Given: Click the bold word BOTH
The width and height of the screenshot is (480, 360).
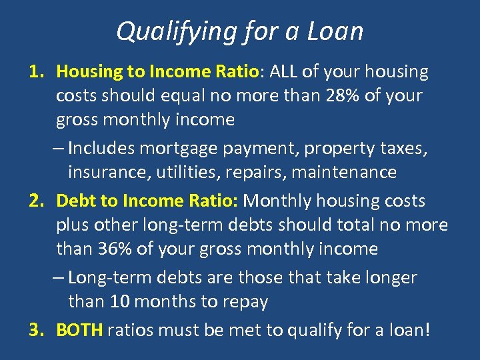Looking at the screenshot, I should [79, 330].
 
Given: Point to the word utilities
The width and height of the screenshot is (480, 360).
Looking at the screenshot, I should [185, 173].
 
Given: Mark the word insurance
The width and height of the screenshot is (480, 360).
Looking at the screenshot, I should [109, 173].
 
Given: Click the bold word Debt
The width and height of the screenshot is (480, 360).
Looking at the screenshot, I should [76, 201].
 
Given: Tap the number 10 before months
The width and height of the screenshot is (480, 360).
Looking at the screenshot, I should [120, 301].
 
